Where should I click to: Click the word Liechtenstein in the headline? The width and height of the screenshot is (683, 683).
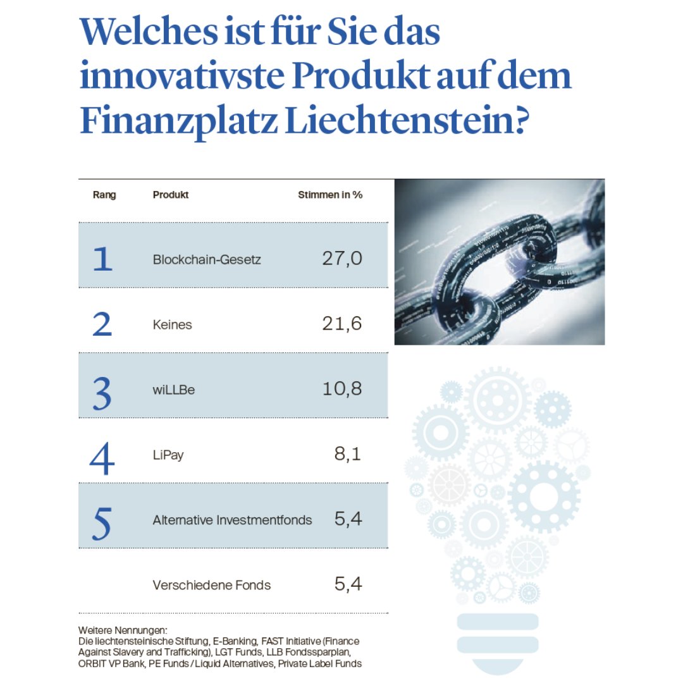405,120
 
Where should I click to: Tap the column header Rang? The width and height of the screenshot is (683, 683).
104,195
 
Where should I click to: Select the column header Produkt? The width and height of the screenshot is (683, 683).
171,195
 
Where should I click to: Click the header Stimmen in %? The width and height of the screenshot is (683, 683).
330,195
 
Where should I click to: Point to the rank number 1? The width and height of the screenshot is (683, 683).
102,259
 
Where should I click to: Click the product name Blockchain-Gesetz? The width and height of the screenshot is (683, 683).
207,259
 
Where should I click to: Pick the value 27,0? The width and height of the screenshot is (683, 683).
341,259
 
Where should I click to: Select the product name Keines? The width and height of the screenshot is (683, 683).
172,324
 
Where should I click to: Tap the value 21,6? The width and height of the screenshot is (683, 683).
341,324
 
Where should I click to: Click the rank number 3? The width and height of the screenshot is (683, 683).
102,391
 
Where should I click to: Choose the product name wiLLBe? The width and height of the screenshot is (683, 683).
173,390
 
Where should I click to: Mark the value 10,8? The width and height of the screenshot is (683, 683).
341,389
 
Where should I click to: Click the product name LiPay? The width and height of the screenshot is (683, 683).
168,455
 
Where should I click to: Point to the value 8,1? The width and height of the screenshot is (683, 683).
347,454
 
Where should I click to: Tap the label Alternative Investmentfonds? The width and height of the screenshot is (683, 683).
232,520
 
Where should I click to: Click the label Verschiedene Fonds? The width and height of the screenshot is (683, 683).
211,585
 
